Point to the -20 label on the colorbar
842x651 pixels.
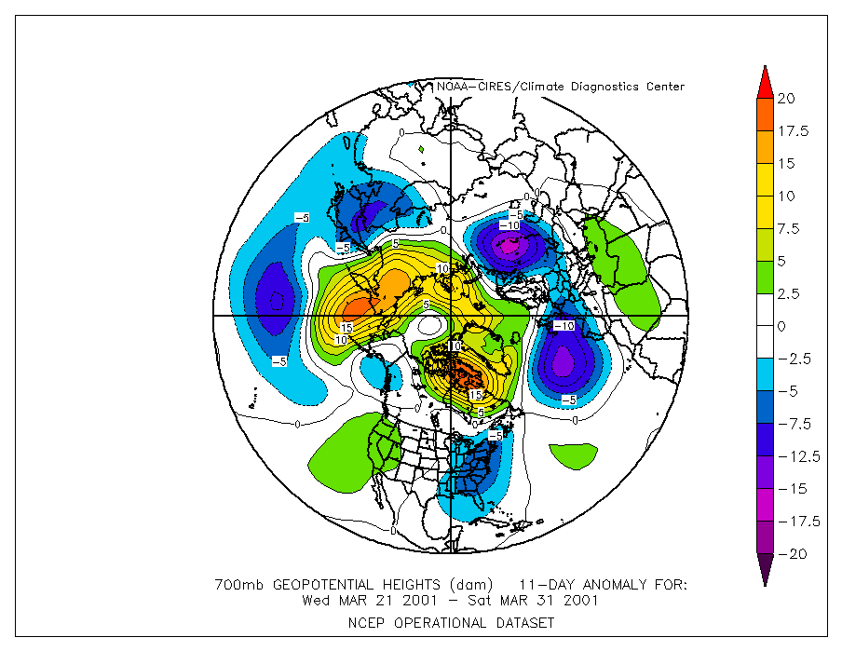(791, 554)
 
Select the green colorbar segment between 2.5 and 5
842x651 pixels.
(764, 277)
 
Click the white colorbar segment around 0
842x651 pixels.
(764, 326)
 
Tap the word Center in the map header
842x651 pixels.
(663, 87)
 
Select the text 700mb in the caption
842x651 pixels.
(234, 585)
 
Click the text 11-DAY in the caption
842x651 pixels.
(545, 585)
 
